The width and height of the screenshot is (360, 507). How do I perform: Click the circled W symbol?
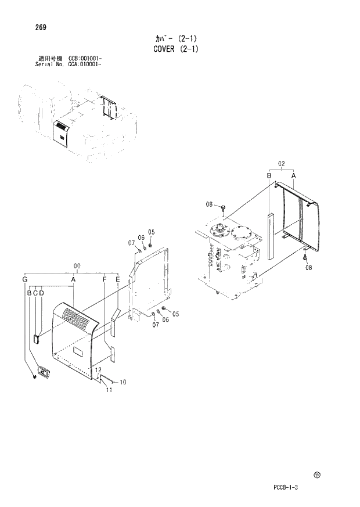coord(317,474)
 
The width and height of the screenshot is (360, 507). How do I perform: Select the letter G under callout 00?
coord(25,280)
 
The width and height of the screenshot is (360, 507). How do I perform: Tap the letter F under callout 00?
coord(105,280)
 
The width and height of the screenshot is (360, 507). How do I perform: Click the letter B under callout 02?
coord(269,175)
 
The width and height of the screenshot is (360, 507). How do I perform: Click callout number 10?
coord(123,382)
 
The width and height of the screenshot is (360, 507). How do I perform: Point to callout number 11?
coord(108,390)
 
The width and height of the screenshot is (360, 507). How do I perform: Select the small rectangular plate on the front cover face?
coord(77,351)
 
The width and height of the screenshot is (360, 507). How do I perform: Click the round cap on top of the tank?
coord(239,236)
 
